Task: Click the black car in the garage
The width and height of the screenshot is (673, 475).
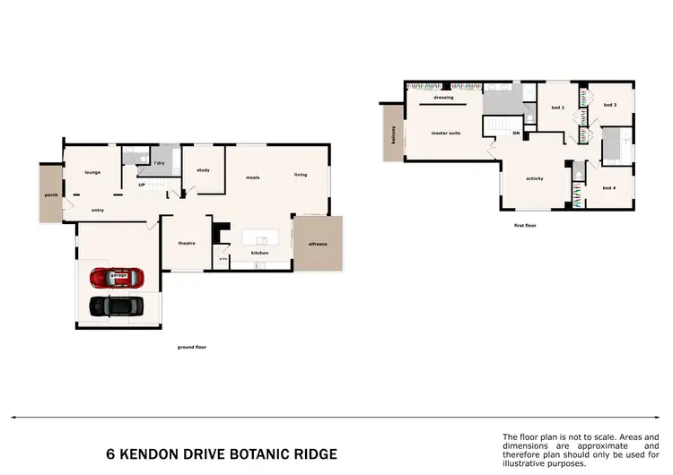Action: pos(116,306)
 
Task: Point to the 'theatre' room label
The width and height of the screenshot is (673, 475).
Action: pos(187,243)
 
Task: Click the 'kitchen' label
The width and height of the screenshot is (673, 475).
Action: pos(259,253)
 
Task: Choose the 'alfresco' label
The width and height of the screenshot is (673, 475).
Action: pos(319,243)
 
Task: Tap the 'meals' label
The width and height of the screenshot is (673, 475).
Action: pos(253,177)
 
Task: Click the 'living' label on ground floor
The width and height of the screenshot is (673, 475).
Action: pos(301,174)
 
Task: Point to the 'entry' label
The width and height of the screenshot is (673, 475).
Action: pos(98,210)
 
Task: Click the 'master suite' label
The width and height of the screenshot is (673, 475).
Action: pos(446,133)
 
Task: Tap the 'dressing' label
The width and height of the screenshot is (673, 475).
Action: pos(443,97)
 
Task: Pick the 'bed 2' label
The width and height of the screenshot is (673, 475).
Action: pos(557,107)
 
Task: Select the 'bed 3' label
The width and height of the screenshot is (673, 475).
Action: pos(609,105)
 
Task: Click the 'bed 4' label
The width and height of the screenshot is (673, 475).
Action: pos(609,187)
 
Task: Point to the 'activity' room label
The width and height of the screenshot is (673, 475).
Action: pos(535,178)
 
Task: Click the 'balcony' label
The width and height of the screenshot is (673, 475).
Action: pos(393,134)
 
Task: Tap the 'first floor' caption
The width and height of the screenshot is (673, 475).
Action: pos(526,227)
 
